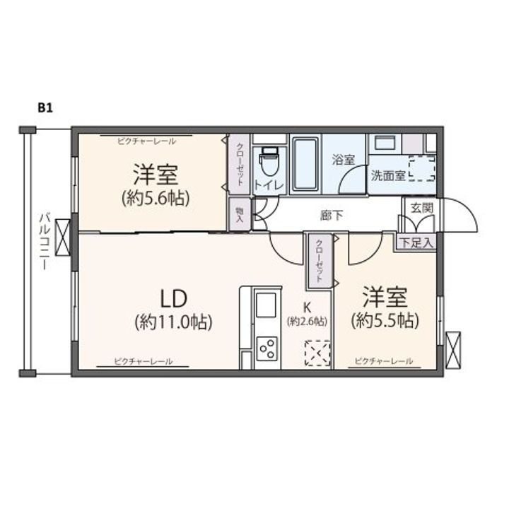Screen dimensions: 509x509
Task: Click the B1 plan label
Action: [x=46, y=108]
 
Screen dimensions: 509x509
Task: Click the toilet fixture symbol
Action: [x=269, y=164]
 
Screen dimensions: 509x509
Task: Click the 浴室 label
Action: [x=344, y=160]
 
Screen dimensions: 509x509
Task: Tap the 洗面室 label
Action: [x=388, y=176]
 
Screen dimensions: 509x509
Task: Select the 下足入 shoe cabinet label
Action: [x=416, y=242]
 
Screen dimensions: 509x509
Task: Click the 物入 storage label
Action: [x=240, y=213]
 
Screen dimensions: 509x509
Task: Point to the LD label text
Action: [x=172, y=295]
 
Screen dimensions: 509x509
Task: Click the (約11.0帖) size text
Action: [x=173, y=322]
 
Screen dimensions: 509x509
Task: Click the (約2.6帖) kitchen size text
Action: [x=307, y=322]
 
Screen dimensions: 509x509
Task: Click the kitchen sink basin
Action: [x=267, y=306]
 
